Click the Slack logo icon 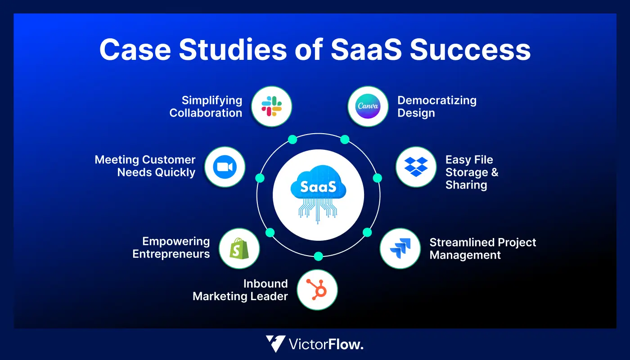271,107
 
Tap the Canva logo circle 368,107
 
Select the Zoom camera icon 225,167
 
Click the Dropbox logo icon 416,166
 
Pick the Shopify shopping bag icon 239,248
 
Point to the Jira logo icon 400,248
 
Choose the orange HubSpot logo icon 317,289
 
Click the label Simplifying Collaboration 206,107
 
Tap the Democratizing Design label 436,107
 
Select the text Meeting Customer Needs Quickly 145,166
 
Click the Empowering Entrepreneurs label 171,247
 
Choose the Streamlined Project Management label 482,248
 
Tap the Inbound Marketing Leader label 240,290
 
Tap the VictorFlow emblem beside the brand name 275,344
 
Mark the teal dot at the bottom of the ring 318,256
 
